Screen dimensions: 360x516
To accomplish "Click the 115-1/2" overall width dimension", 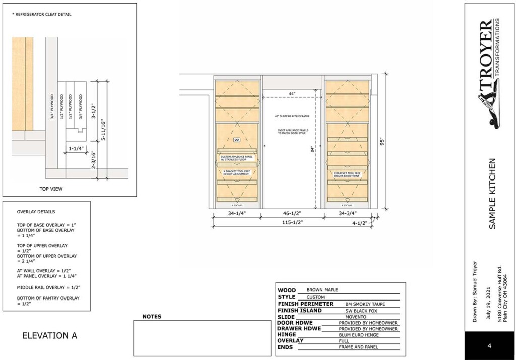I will [292, 222].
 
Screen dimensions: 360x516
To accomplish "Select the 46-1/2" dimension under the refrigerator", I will [292, 214].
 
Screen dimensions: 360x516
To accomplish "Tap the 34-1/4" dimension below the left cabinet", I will [236, 214].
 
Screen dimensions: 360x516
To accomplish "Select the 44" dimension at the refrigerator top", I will [292, 94].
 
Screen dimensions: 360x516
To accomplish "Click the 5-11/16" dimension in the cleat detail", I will [102, 129].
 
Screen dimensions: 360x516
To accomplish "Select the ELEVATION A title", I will [50, 335].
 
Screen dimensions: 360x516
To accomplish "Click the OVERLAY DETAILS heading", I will [36, 212].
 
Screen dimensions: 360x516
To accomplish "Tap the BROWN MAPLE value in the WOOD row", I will [322, 290].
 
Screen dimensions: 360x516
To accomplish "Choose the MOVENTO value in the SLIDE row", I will [356, 316].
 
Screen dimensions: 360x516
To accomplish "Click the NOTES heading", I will [152, 317].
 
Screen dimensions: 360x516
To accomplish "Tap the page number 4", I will [489, 346].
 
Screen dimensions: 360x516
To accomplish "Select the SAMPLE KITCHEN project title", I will [492, 194].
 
